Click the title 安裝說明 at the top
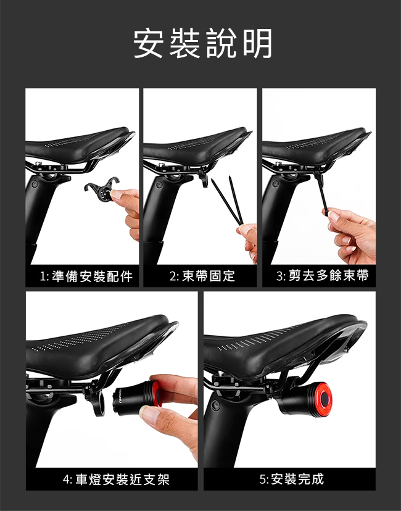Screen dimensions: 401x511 [x=202, y=43]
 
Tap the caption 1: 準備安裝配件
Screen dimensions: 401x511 [x=86, y=276]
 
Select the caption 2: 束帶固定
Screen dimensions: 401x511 [x=202, y=276]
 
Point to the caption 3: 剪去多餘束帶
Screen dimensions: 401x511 [x=323, y=276]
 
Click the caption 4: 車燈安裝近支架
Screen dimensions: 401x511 [x=117, y=480]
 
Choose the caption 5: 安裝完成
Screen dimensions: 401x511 [x=292, y=479]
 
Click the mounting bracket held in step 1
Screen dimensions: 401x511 [x=102, y=188]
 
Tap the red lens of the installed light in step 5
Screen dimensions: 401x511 [x=321, y=398]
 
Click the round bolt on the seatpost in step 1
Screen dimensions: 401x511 [x=35, y=185]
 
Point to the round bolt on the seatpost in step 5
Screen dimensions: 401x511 [x=215, y=405]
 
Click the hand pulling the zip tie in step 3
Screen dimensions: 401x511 [x=351, y=235]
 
